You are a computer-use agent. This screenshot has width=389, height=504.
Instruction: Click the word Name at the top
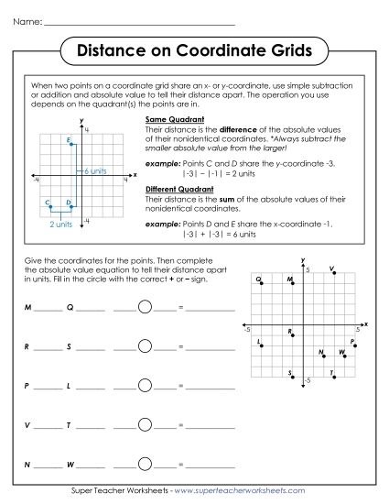point(27,19)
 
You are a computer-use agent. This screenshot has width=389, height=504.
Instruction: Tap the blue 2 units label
point(60,224)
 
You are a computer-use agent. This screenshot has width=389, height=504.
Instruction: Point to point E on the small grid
point(74,142)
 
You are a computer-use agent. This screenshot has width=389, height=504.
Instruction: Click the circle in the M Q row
point(145,307)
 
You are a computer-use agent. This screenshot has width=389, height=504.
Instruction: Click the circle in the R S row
point(145,347)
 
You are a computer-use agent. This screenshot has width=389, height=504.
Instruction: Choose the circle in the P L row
point(145,387)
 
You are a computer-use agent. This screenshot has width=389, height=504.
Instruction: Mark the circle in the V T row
point(145,426)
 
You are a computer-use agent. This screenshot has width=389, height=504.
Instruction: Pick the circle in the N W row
point(145,466)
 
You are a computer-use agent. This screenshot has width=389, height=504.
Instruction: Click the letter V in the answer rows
point(28,426)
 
